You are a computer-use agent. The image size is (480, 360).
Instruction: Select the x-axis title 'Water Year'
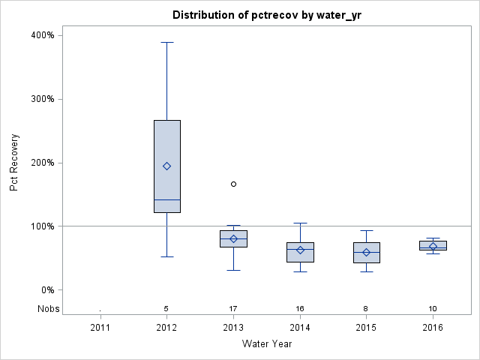click(x=266, y=344)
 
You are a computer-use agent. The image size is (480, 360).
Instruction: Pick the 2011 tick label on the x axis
click(x=100, y=328)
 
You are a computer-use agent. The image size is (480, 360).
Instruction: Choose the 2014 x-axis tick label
click(x=300, y=328)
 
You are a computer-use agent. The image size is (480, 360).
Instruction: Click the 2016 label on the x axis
click(x=433, y=328)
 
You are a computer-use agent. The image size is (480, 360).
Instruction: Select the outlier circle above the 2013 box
click(x=233, y=184)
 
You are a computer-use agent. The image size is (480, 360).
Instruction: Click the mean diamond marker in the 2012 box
click(x=167, y=166)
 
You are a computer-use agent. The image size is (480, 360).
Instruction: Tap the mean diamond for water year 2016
click(x=433, y=246)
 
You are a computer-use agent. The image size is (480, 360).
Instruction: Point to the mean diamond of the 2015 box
click(x=367, y=252)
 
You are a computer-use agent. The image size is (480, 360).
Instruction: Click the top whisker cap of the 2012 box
click(x=167, y=42)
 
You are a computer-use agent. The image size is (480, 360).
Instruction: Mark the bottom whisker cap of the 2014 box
click(x=300, y=271)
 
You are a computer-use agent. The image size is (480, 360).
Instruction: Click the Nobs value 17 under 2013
click(x=233, y=308)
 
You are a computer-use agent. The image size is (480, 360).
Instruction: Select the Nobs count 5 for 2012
click(x=167, y=308)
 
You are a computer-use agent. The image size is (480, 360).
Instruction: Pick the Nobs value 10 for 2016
click(x=433, y=308)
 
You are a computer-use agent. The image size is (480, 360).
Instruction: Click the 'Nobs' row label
click(x=48, y=308)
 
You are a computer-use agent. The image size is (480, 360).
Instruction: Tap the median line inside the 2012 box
click(x=167, y=199)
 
